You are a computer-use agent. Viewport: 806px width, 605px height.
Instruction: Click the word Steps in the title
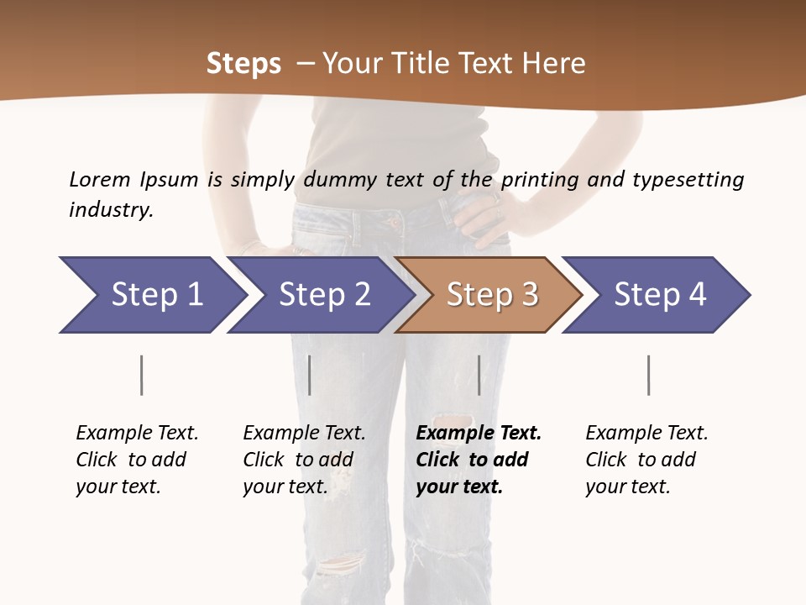[x=243, y=64]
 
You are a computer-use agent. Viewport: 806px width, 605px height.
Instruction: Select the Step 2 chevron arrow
[x=324, y=295]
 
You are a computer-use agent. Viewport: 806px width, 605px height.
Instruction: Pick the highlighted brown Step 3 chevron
[x=491, y=295]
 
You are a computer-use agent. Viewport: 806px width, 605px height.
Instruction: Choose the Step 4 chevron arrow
[x=659, y=295]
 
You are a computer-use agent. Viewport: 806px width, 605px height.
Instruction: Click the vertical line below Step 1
[x=141, y=375]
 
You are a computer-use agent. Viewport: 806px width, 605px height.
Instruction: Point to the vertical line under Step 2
[x=310, y=375]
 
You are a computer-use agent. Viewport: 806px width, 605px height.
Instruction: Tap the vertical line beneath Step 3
[x=479, y=375]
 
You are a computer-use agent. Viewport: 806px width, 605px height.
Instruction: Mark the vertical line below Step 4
[x=648, y=375]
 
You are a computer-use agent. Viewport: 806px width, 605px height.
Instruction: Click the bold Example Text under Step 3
[x=479, y=460]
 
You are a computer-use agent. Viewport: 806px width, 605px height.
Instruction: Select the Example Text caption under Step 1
[x=137, y=460]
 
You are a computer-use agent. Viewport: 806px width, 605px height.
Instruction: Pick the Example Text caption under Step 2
[x=304, y=460]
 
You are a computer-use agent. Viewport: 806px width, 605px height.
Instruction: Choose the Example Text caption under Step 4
[x=646, y=460]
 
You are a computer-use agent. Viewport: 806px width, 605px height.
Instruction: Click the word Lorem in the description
[x=99, y=179]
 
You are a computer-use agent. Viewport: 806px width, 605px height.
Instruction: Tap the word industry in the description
[x=111, y=209]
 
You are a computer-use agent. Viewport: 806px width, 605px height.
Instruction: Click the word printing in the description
[x=540, y=179]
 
